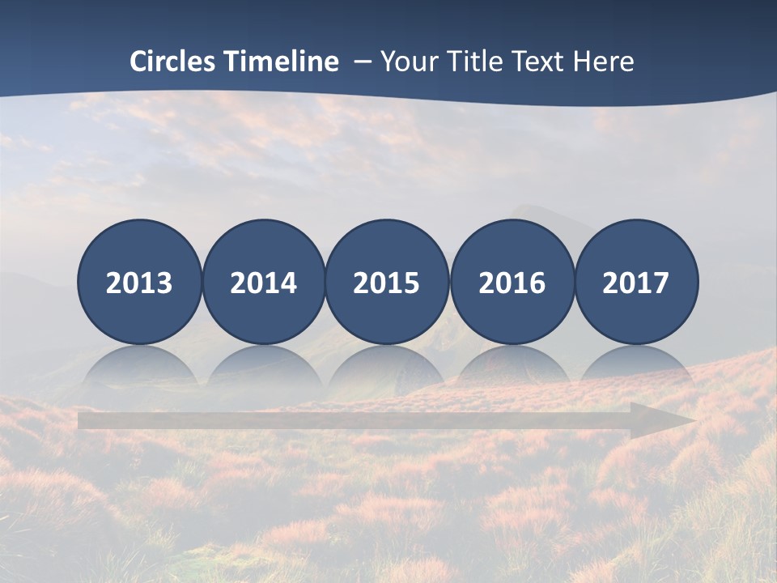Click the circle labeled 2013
click(139, 282)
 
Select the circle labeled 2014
click(264, 282)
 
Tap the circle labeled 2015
click(387, 282)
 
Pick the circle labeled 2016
click(512, 282)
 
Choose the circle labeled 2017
click(636, 282)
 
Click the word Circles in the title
click(174, 62)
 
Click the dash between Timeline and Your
click(362, 62)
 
